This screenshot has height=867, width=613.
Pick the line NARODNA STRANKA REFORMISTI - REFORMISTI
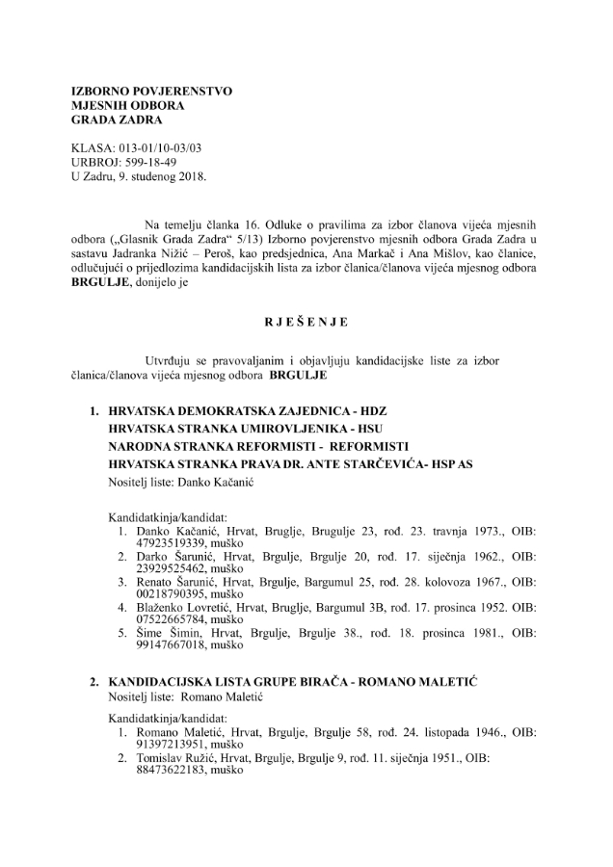[259, 447]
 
